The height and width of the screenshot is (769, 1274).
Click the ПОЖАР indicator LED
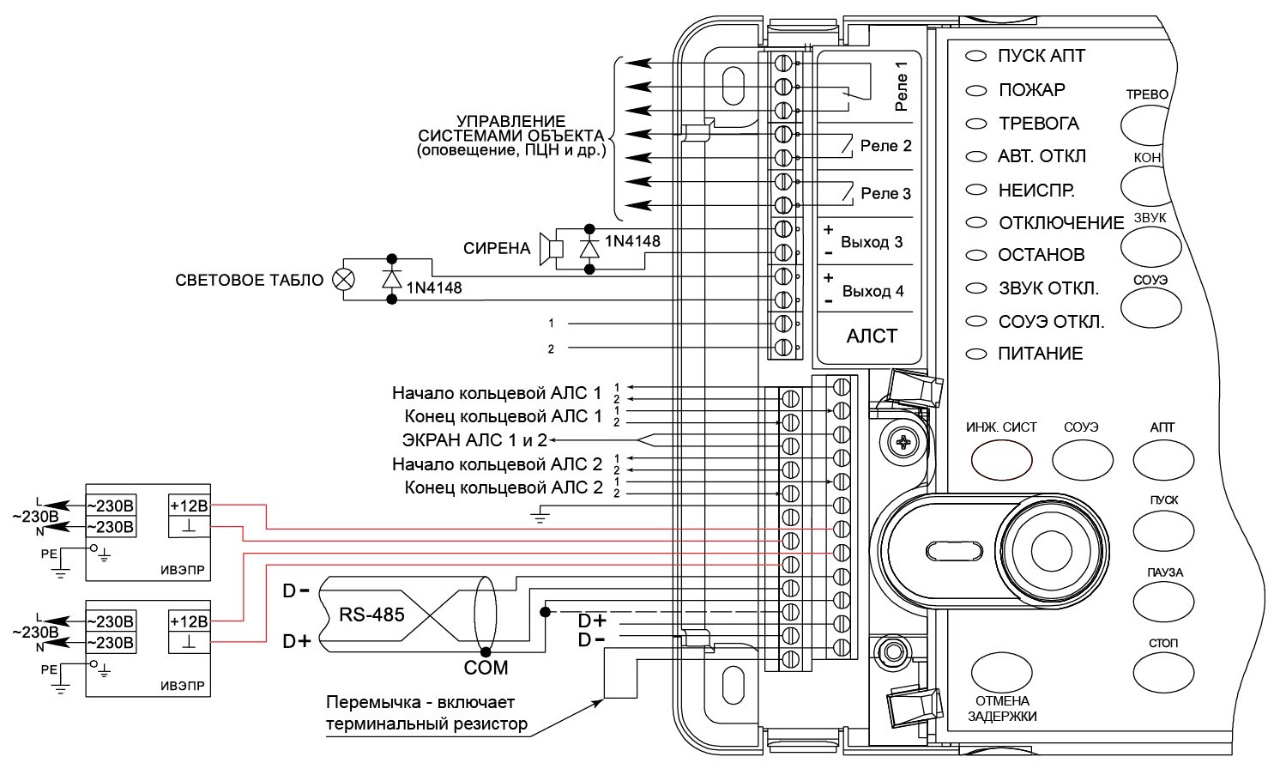pyautogui.click(x=975, y=90)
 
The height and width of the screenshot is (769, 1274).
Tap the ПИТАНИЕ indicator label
pyautogui.click(x=1040, y=354)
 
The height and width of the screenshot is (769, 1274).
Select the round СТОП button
pyautogui.click(x=1162, y=669)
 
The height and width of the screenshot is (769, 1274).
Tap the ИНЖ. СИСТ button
pyautogui.click(x=1001, y=458)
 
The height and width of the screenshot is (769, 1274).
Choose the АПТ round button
pyautogui.click(x=1162, y=458)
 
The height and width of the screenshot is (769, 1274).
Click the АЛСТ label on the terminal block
pyautogui.click(x=872, y=336)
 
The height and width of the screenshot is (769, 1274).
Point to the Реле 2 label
pyautogui.click(x=885, y=146)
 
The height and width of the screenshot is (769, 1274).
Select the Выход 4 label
pyautogui.click(x=872, y=291)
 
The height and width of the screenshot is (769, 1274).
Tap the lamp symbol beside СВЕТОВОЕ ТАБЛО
pyautogui.click(x=343, y=280)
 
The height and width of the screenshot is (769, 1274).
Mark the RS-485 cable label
pyautogui.click(x=371, y=615)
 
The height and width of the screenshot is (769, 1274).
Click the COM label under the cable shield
pyautogui.click(x=486, y=668)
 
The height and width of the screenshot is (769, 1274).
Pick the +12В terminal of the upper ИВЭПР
pyautogui.click(x=189, y=505)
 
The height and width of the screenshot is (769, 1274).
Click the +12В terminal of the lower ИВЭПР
pyautogui.click(x=189, y=621)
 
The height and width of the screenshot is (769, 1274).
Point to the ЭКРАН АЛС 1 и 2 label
pyautogui.click(x=474, y=440)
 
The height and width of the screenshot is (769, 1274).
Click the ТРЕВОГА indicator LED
pyautogui.click(x=975, y=124)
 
